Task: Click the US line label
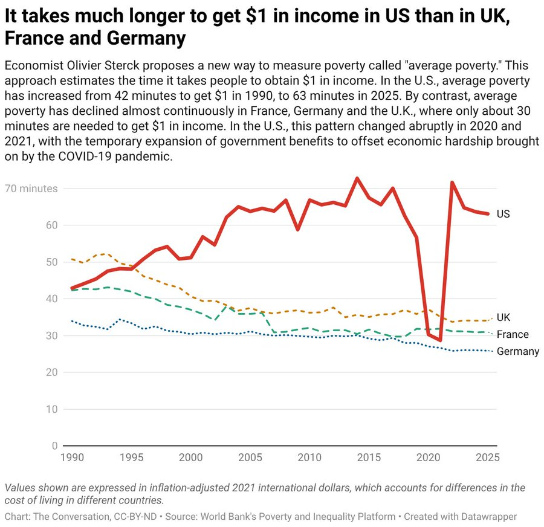pyautogui.click(x=503, y=214)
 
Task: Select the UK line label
pyautogui.click(x=503, y=318)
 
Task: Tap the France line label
pyautogui.click(x=513, y=335)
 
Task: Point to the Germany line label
pyautogui.click(x=517, y=351)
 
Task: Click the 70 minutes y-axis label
pyautogui.click(x=31, y=189)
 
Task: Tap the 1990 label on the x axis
pyautogui.click(x=72, y=458)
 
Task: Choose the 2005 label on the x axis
pyautogui.click(x=250, y=458)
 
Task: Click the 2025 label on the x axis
pyautogui.click(x=487, y=458)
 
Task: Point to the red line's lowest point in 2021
pyautogui.click(x=441, y=340)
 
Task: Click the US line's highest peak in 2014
pyautogui.click(x=357, y=178)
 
